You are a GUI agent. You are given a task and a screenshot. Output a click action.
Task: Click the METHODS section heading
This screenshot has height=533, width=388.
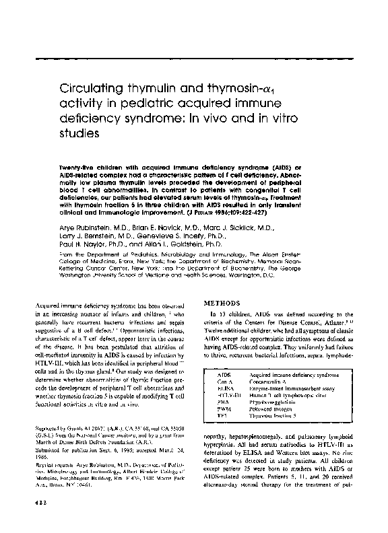pos(225,303)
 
